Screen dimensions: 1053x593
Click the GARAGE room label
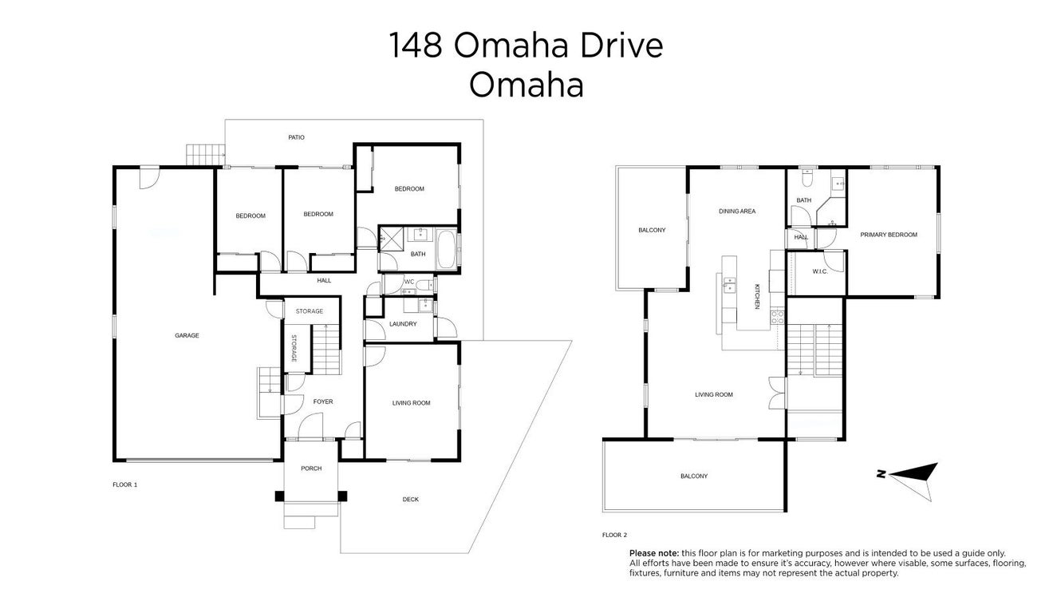pyautogui.click(x=187, y=335)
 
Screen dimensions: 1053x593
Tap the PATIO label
pyautogui.click(x=296, y=137)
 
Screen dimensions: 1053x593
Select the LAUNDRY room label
pyautogui.click(x=403, y=324)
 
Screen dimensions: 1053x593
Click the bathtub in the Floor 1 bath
pyautogui.click(x=446, y=250)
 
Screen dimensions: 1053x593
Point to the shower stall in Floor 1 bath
pyautogui.click(x=388, y=238)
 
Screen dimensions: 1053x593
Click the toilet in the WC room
pyautogui.click(x=425, y=284)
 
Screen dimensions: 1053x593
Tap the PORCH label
pyautogui.click(x=311, y=468)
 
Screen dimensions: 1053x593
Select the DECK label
pyautogui.click(x=410, y=500)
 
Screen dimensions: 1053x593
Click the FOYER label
pyautogui.click(x=323, y=401)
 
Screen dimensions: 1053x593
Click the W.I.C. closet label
pyautogui.click(x=820, y=272)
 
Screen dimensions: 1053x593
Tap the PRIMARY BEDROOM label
pyautogui.click(x=889, y=235)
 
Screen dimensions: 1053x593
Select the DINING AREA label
pyautogui.click(x=737, y=212)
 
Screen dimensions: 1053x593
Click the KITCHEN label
pyautogui.click(x=757, y=296)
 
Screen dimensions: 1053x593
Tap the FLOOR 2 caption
pyautogui.click(x=614, y=535)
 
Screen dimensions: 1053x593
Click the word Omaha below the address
pyautogui.click(x=526, y=85)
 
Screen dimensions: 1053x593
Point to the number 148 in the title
pyautogui.click(x=416, y=45)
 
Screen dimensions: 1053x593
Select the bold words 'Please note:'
pyautogui.click(x=654, y=553)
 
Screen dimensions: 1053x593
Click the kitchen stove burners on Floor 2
pyautogui.click(x=777, y=317)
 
